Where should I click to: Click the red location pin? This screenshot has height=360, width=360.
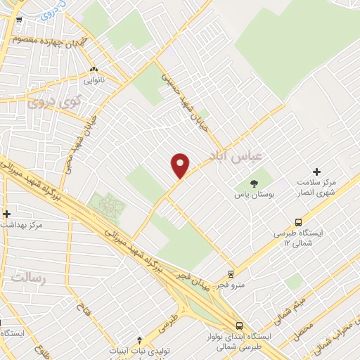pos(181,165)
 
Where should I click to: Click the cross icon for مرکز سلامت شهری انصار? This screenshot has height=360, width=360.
pos(316,172)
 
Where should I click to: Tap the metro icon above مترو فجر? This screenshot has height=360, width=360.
pos(231,274)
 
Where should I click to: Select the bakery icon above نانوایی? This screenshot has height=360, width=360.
pos(94,69)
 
